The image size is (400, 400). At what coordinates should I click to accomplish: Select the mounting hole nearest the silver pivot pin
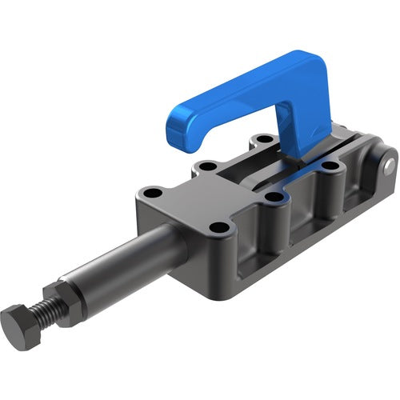pos(329,169)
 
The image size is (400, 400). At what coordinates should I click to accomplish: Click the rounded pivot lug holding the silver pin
pos(382,172)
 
